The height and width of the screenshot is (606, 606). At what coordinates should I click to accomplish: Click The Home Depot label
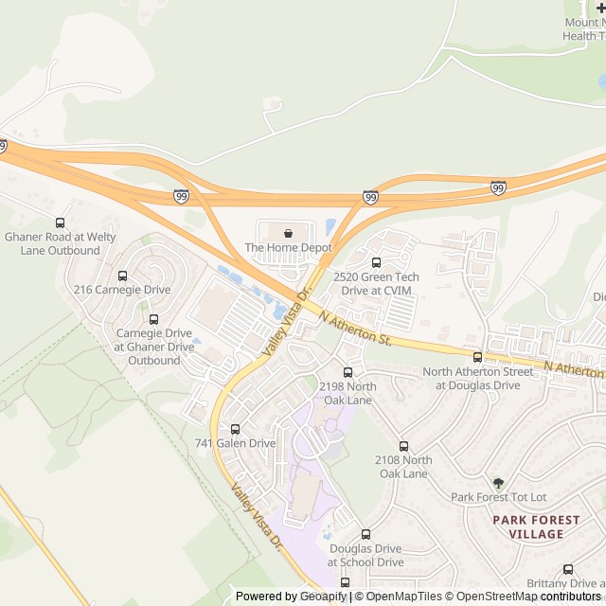coord(289,248)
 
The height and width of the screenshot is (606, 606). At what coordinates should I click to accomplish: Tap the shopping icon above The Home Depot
coord(288,232)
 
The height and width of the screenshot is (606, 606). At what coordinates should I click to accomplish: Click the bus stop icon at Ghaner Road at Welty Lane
coord(62,222)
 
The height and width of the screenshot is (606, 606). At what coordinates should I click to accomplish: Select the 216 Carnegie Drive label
coord(122,290)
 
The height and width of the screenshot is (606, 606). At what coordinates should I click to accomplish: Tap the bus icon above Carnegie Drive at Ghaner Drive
coord(153,319)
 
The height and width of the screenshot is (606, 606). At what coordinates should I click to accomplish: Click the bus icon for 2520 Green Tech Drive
coord(376,262)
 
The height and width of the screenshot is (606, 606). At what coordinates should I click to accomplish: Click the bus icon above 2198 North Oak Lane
coord(348,372)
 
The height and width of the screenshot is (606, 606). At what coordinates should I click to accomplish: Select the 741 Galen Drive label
coord(235,443)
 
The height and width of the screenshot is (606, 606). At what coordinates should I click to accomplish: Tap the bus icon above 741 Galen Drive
coord(235,429)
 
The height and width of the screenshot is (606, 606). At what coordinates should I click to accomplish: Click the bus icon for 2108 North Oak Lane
coord(403,446)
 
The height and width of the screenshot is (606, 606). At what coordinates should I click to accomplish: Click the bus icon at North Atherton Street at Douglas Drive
coord(477,357)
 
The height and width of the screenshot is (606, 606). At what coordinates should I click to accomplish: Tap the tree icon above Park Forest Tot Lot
coord(499,483)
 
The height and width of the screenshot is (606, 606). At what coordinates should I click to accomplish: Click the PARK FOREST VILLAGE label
coord(527,526)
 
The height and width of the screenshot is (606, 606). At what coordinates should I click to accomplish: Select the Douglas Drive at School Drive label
coord(365,555)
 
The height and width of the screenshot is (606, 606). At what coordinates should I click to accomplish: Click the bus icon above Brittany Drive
coord(568,569)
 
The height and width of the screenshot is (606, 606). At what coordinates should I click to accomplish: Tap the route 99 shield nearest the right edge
coord(498,187)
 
